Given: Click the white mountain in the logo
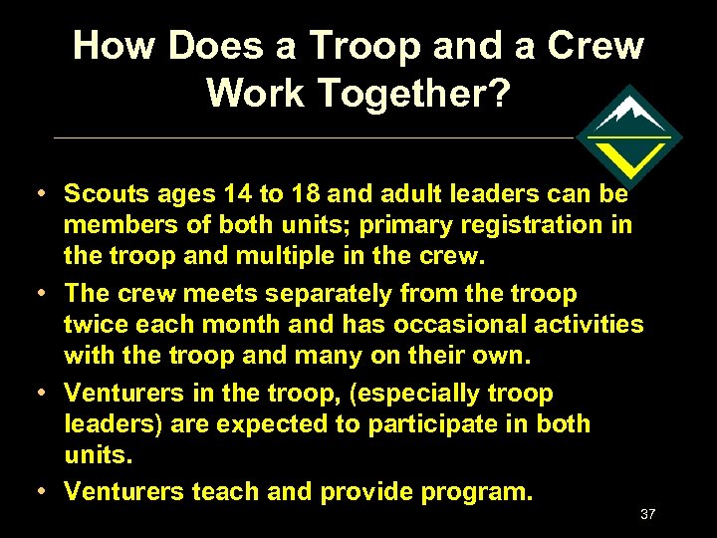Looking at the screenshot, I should (629, 113).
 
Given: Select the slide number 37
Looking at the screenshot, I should (647, 514).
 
